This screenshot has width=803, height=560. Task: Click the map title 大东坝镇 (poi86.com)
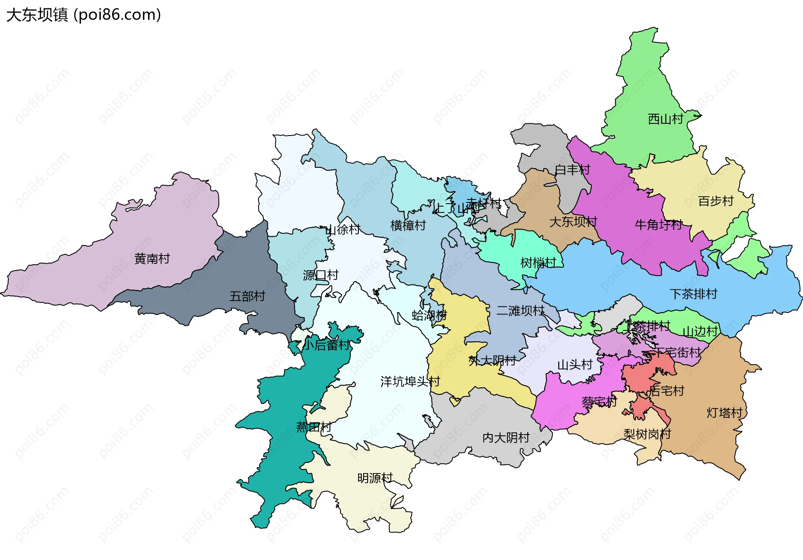[84, 15]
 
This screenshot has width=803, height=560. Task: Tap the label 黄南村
[152, 259]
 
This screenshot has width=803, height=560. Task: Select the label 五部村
[247, 297]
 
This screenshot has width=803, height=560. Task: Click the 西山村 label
[665, 119]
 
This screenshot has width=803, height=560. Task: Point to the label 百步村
[716, 201]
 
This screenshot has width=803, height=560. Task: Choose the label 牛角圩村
[658, 225]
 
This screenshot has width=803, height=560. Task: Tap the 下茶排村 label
[693, 294]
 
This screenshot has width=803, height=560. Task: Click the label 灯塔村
[724, 413]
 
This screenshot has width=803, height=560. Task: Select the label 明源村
[375, 478]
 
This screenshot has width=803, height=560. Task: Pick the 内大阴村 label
[506, 438]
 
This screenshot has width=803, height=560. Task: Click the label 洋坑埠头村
[410, 381]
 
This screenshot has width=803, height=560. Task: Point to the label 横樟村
[408, 225]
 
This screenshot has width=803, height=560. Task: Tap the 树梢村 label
[538, 263]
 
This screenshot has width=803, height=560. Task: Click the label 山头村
[575, 365]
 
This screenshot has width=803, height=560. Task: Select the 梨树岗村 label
[647, 434]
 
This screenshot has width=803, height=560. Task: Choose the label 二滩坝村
[520, 311]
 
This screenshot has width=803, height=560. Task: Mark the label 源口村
[320, 275]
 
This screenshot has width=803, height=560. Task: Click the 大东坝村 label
[573, 222]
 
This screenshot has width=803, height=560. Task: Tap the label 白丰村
[572, 170]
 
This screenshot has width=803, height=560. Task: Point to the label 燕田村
[313, 427]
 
